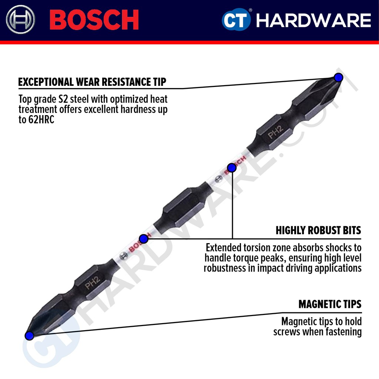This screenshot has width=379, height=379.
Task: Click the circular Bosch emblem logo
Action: [21, 20]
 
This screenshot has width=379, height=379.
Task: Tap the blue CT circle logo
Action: [236, 20]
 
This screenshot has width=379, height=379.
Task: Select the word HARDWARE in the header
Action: [313, 20]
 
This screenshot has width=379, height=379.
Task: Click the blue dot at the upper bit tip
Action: [338, 77]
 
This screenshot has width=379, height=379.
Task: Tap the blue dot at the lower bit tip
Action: [29, 336]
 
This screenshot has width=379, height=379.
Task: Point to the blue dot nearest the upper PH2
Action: [232, 168]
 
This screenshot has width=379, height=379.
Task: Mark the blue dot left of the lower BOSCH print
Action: [144, 239]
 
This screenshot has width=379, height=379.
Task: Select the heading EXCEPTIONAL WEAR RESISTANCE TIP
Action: [92, 82]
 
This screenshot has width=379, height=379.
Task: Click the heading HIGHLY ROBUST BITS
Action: [318, 230]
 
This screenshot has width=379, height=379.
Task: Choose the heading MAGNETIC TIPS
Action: [330, 304]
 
